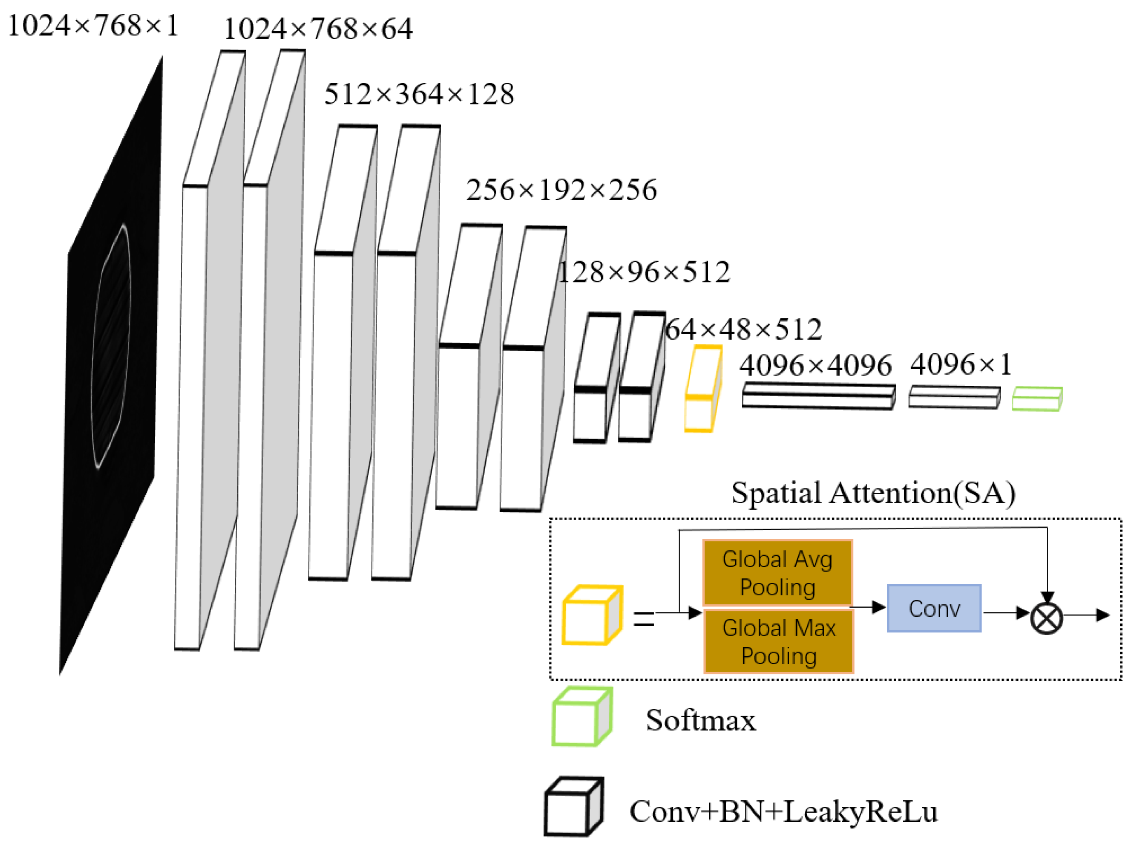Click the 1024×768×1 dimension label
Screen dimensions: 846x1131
pos(93,26)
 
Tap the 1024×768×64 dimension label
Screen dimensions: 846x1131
pos(318,29)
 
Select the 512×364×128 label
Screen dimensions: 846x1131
pos(419,95)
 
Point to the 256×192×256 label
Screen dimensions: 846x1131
pos(561,190)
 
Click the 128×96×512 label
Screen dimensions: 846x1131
pos(644,273)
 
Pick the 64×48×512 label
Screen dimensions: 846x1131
pos(743,330)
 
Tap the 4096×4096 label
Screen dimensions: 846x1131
pos(815,366)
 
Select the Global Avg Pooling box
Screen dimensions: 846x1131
pos(777,573)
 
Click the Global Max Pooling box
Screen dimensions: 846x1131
pos(778,641)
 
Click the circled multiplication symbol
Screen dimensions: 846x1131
pos(1047,618)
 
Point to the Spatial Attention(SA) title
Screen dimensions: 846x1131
pos(873,493)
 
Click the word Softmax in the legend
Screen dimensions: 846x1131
pos(701,721)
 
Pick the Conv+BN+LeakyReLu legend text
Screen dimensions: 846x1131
pos(783,812)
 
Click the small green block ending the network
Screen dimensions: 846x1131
pos(1038,399)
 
